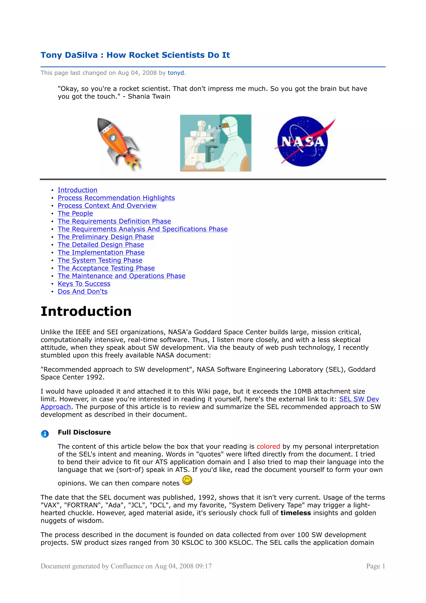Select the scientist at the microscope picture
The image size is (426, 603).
[215, 143]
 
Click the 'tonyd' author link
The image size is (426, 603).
[176, 73]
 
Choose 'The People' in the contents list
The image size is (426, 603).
[75, 213]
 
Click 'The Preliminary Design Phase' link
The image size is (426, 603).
[106, 237]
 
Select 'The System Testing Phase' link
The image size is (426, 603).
[100, 260]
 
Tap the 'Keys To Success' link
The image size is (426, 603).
[84, 284]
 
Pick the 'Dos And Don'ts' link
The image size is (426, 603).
[83, 292]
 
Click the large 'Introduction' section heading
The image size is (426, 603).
[86, 311]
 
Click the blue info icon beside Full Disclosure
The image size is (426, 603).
[45, 434]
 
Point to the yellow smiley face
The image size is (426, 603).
[187, 480]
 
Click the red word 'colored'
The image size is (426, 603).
[268, 447]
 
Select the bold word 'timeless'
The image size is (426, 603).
[296, 513]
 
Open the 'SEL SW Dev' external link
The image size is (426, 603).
[359, 399]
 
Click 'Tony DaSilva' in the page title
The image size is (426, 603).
[69, 55]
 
